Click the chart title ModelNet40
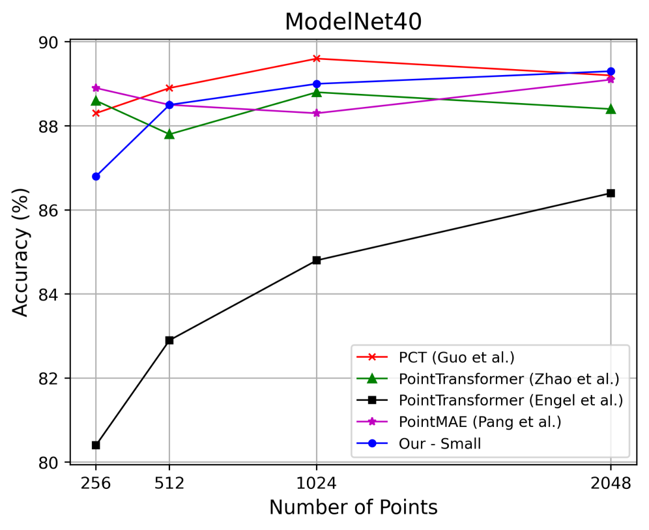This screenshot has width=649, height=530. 353,22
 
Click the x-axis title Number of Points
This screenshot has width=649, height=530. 353,507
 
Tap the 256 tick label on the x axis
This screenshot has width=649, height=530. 96,484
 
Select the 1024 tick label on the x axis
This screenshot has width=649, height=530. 317,484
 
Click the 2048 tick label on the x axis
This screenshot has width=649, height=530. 611,484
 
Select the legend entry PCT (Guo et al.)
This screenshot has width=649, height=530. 456,357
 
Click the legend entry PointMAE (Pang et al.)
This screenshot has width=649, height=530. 480,422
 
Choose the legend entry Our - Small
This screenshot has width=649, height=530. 440,444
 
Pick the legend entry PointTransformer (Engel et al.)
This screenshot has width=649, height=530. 510,400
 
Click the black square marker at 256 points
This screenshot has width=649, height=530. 96,445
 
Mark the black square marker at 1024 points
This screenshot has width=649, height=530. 317,260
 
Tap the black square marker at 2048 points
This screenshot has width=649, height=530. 611,193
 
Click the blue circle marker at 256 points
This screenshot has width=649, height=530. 96,176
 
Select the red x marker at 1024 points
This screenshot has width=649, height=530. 317,59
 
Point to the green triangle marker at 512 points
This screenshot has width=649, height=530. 169,134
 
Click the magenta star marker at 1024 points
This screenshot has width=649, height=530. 317,113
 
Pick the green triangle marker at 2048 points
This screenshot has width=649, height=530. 611,109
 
